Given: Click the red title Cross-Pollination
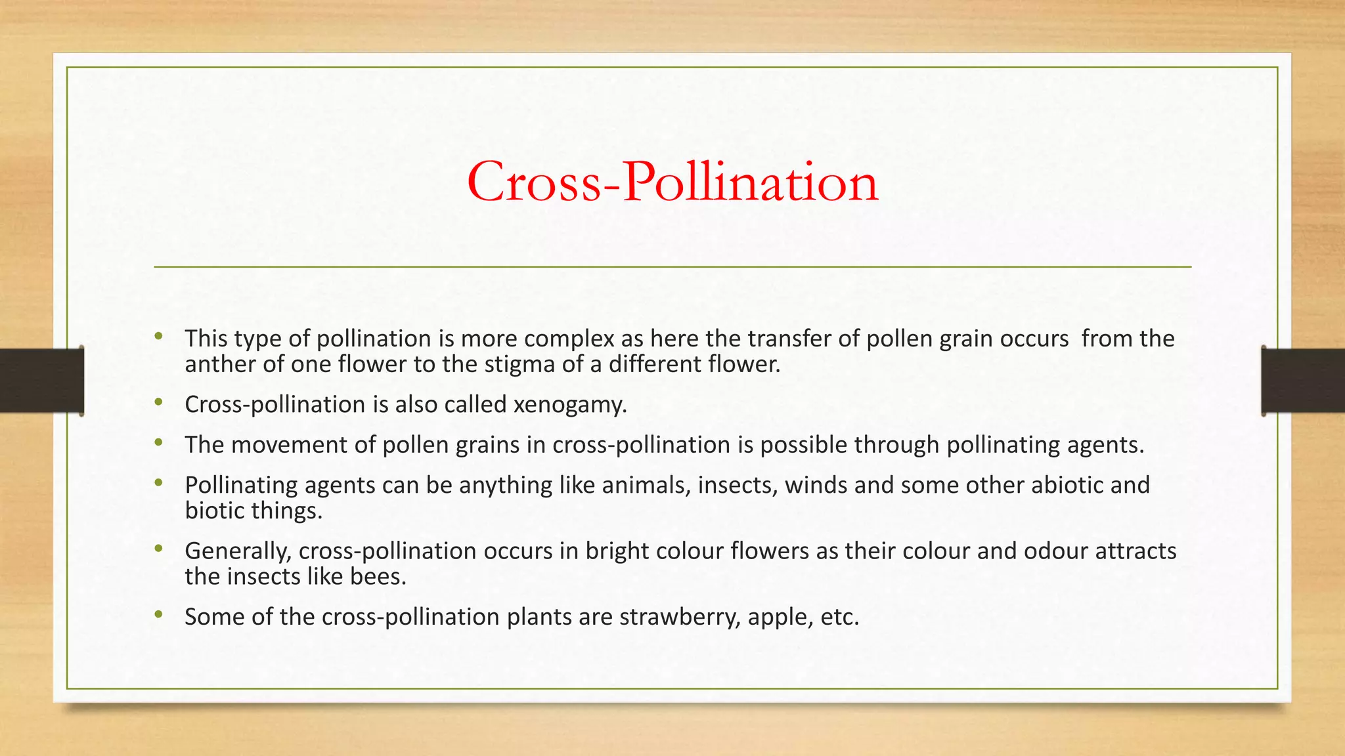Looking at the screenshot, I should (x=672, y=182).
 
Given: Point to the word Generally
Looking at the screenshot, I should (x=238, y=551).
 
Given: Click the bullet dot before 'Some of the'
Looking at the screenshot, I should (x=158, y=614).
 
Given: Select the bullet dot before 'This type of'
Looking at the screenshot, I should (x=158, y=337).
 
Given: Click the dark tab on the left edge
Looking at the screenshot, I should (x=41, y=381).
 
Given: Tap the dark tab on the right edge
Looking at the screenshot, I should (x=1303, y=381).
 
